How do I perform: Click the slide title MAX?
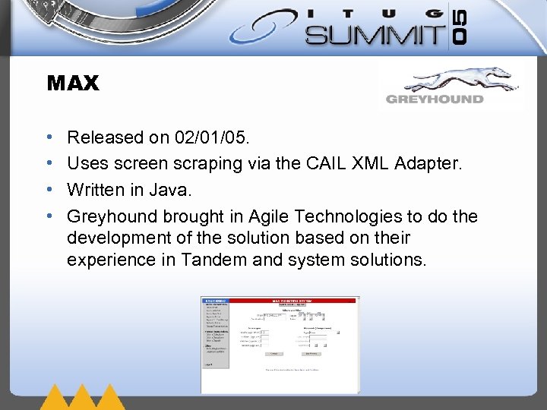tap(73, 84)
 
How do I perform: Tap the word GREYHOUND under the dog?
tap(434, 99)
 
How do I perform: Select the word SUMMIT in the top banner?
tap(375, 34)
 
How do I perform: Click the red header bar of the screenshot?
tap(293, 301)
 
